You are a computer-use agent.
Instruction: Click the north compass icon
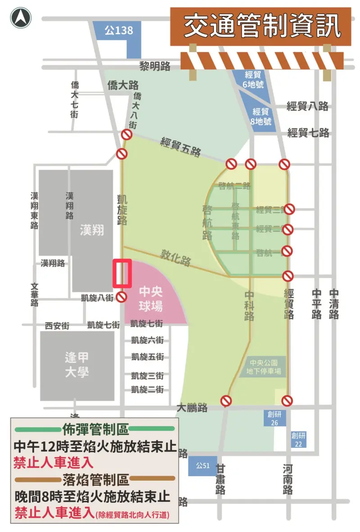[x=21, y=18]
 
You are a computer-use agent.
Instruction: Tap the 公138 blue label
[x=119, y=31]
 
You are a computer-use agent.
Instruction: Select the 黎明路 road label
[x=154, y=67]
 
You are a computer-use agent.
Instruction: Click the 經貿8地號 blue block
[x=261, y=116]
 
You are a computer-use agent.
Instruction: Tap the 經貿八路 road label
[x=307, y=106]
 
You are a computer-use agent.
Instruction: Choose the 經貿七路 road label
[x=308, y=133]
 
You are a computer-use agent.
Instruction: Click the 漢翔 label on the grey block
[x=91, y=230]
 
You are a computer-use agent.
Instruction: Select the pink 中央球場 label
[x=150, y=298]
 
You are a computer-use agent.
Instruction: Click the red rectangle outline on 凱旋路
[x=122, y=273]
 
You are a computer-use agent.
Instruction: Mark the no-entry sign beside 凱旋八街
[x=121, y=297]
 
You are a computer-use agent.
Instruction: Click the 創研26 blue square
[x=274, y=418]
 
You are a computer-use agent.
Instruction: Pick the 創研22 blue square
[x=298, y=439]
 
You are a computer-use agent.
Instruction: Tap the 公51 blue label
[x=203, y=465]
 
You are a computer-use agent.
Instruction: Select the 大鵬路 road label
[x=192, y=408]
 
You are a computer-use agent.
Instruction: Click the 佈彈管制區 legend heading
[x=95, y=429]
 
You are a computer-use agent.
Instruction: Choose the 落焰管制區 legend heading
[x=95, y=479]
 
